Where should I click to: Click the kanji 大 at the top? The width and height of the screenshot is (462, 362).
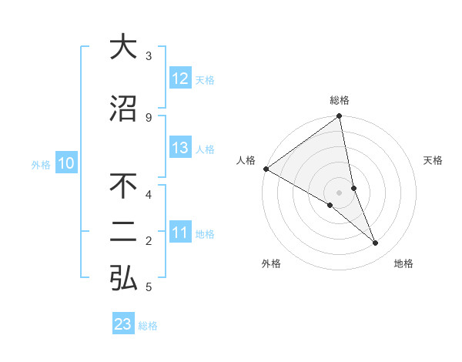[123, 47]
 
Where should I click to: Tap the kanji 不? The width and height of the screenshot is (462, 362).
[123, 187]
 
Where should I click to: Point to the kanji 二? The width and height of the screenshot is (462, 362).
[123, 234]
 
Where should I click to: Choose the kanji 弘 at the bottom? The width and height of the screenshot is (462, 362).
[123, 280]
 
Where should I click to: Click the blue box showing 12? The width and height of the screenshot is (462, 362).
[180, 79]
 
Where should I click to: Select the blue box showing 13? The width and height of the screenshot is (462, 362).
[180, 148]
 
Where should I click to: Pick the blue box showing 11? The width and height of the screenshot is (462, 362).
[180, 233]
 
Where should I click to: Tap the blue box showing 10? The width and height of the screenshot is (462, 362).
[66, 163]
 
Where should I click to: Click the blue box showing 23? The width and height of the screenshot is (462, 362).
[123, 324]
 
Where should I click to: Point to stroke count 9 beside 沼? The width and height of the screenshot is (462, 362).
[149, 117]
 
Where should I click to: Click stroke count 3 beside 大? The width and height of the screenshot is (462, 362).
[149, 56]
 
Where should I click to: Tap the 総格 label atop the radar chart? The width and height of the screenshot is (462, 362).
[340, 100]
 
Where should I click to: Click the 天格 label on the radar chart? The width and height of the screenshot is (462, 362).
[434, 160]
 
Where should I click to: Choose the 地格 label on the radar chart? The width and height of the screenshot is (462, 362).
[403, 263]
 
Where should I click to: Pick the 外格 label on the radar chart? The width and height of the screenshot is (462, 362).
[271, 263]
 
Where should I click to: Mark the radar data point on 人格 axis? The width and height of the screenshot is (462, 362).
[266, 169]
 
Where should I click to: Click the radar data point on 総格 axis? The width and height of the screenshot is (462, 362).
[340, 116]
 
